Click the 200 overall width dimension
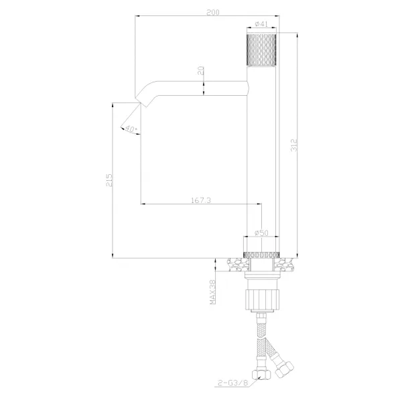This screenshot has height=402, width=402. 213,12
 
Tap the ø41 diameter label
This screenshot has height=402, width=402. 261,24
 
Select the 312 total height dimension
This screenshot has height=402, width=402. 294,145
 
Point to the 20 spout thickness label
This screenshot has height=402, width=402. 201,70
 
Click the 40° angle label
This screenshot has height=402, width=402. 131,129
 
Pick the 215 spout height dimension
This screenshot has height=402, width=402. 109,180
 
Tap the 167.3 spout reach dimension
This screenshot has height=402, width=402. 201,200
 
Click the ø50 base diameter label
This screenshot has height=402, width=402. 261,232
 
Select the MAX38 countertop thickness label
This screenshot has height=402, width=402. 212,291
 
